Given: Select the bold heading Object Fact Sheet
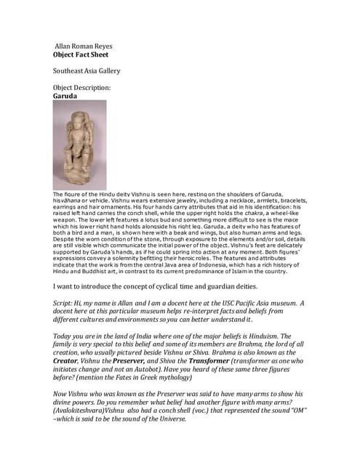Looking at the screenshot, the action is coord(83,54).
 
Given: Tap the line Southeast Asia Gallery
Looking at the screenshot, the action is coord(87,70).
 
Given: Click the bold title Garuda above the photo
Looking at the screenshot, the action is coord(65,95).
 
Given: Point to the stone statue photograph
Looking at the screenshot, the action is coord(79,145).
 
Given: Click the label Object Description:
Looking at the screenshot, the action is coord(82,86).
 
